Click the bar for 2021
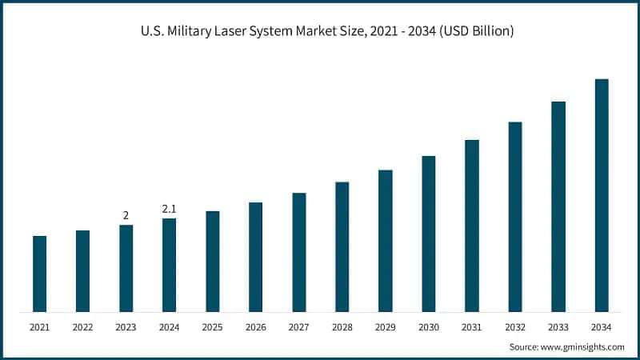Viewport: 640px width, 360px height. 39,274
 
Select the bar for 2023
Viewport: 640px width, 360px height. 126,268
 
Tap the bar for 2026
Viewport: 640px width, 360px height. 255,257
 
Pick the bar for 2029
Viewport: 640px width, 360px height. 385,241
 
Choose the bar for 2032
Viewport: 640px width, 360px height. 514,217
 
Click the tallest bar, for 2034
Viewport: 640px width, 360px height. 601,195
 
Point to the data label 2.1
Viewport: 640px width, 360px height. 169,209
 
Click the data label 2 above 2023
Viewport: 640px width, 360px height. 126,215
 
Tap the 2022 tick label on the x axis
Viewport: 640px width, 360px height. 82,327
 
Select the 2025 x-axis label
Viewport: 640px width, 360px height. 212,327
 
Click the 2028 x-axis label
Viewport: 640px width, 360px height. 342,327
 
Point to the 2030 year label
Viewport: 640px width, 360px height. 428,327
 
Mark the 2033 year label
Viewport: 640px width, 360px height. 558,327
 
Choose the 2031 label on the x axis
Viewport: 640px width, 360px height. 471,327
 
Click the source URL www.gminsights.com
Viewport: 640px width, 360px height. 583,346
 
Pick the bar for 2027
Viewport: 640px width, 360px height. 298,252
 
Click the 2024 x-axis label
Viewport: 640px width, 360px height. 169,327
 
